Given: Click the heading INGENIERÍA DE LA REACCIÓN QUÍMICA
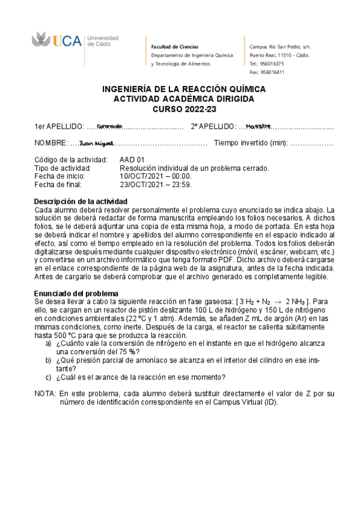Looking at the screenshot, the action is pos(180,88).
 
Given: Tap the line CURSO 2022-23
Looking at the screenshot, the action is pos(180,109).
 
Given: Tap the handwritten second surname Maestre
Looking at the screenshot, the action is pos(259,126).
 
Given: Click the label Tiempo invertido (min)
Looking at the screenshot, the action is pos(251,143).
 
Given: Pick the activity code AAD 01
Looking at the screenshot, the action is pos(132,159).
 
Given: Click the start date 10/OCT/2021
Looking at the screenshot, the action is pos(155,176).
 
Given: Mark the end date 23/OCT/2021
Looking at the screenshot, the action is pos(155,185).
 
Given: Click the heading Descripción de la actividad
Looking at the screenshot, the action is pos(80,201).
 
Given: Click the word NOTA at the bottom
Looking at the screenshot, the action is pos(45,393).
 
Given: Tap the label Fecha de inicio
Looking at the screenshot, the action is pos(63,176).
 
